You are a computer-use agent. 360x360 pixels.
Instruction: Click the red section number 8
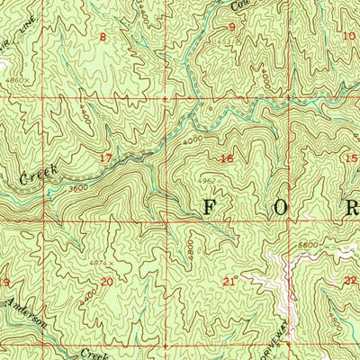(103, 37)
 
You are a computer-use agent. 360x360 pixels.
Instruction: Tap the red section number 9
(231, 27)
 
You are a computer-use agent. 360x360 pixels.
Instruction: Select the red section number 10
(349, 35)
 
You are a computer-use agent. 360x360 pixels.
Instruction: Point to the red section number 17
(106, 157)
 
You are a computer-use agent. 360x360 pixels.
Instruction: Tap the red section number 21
(229, 282)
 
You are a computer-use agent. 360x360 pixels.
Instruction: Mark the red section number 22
(349, 281)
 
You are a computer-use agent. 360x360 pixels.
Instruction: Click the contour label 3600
(78, 187)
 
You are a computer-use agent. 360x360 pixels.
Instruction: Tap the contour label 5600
(310, 245)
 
